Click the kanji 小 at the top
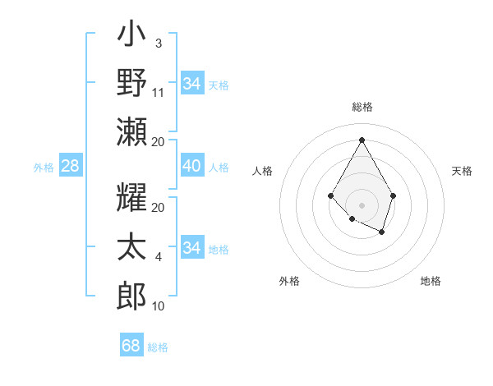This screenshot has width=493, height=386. pos(131,37)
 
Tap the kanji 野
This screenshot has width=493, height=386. pos(131,84)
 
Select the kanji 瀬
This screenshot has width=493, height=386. pos(131,131)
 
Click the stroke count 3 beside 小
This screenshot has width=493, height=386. pos(158,42)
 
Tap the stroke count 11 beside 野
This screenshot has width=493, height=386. pos(159,93)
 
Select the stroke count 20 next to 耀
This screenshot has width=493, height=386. pos(159,208)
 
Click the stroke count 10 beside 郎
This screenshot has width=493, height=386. pos(159,306)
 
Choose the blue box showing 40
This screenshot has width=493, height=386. pos(191,166)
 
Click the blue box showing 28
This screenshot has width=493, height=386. pos(70,166)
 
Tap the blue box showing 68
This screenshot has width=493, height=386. pos(131,346)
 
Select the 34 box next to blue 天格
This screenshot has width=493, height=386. pos(191,83)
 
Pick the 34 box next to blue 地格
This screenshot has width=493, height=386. pos(191,247)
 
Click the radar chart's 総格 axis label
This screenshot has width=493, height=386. pos(362,107)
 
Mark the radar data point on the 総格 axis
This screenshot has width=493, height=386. pos(362,139)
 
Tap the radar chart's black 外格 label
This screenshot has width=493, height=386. pos(289,281)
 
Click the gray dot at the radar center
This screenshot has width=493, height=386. pos(362,204)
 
